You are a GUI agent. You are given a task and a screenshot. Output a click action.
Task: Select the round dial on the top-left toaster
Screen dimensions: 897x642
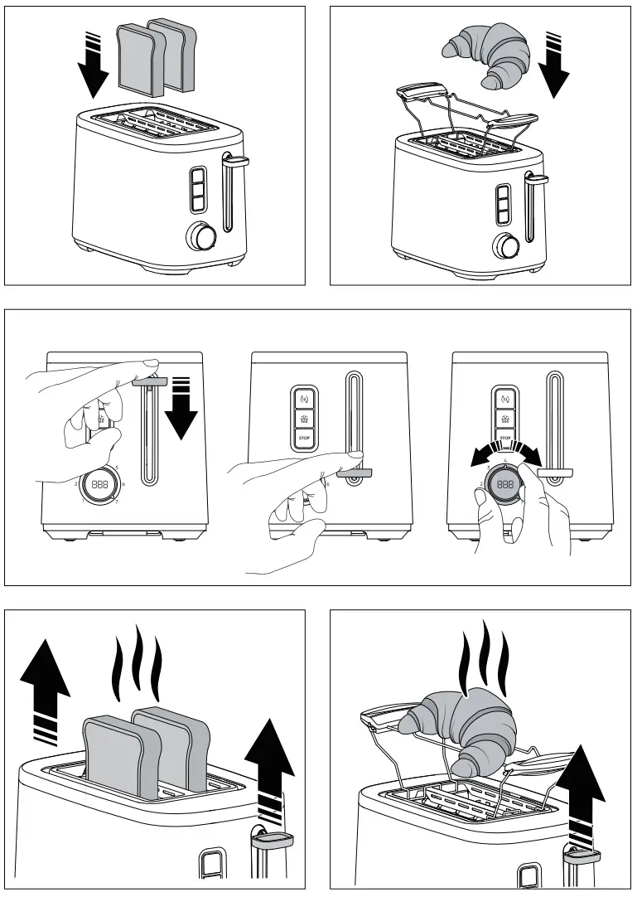coord(202,236)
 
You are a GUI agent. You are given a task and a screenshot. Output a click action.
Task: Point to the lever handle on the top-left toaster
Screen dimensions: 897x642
coord(236,159)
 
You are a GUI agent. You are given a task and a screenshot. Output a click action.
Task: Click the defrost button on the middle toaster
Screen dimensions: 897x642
coord(302,417)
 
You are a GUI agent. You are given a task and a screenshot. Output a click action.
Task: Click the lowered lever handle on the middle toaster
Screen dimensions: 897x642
coord(355,473)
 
